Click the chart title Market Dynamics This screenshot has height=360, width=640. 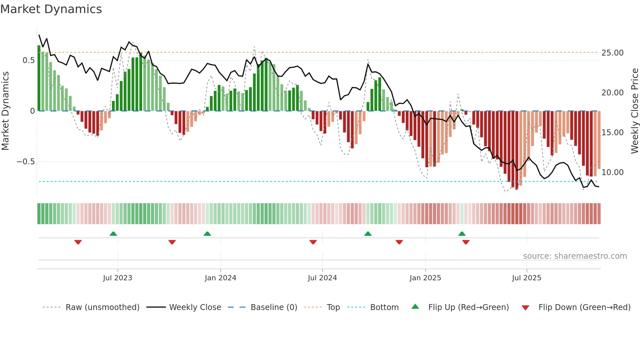point(51,9)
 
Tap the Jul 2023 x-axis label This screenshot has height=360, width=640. point(118,278)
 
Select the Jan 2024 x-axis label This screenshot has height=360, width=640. point(220,278)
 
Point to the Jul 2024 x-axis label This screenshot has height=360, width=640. point(322,278)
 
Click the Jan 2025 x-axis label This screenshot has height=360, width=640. point(425,278)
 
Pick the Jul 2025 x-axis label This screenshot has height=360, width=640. point(526,278)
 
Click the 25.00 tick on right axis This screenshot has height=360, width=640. point(612,53)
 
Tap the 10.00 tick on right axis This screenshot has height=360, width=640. point(612,172)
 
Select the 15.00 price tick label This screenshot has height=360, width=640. point(612,133)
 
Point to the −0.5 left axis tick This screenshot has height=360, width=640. point(25,162)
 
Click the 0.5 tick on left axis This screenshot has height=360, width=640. point(28,60)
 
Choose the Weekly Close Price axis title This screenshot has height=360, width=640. point(634,111)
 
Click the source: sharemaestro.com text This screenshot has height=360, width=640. point(575,256)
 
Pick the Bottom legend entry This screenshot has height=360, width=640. point(384,307)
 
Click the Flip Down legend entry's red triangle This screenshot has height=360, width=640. point(525,308)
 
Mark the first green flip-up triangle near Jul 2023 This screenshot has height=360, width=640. point(113,234)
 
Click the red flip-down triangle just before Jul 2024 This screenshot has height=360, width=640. point(313,242)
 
